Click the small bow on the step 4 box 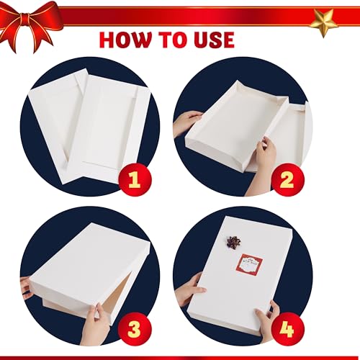click(x=235, y=243)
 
